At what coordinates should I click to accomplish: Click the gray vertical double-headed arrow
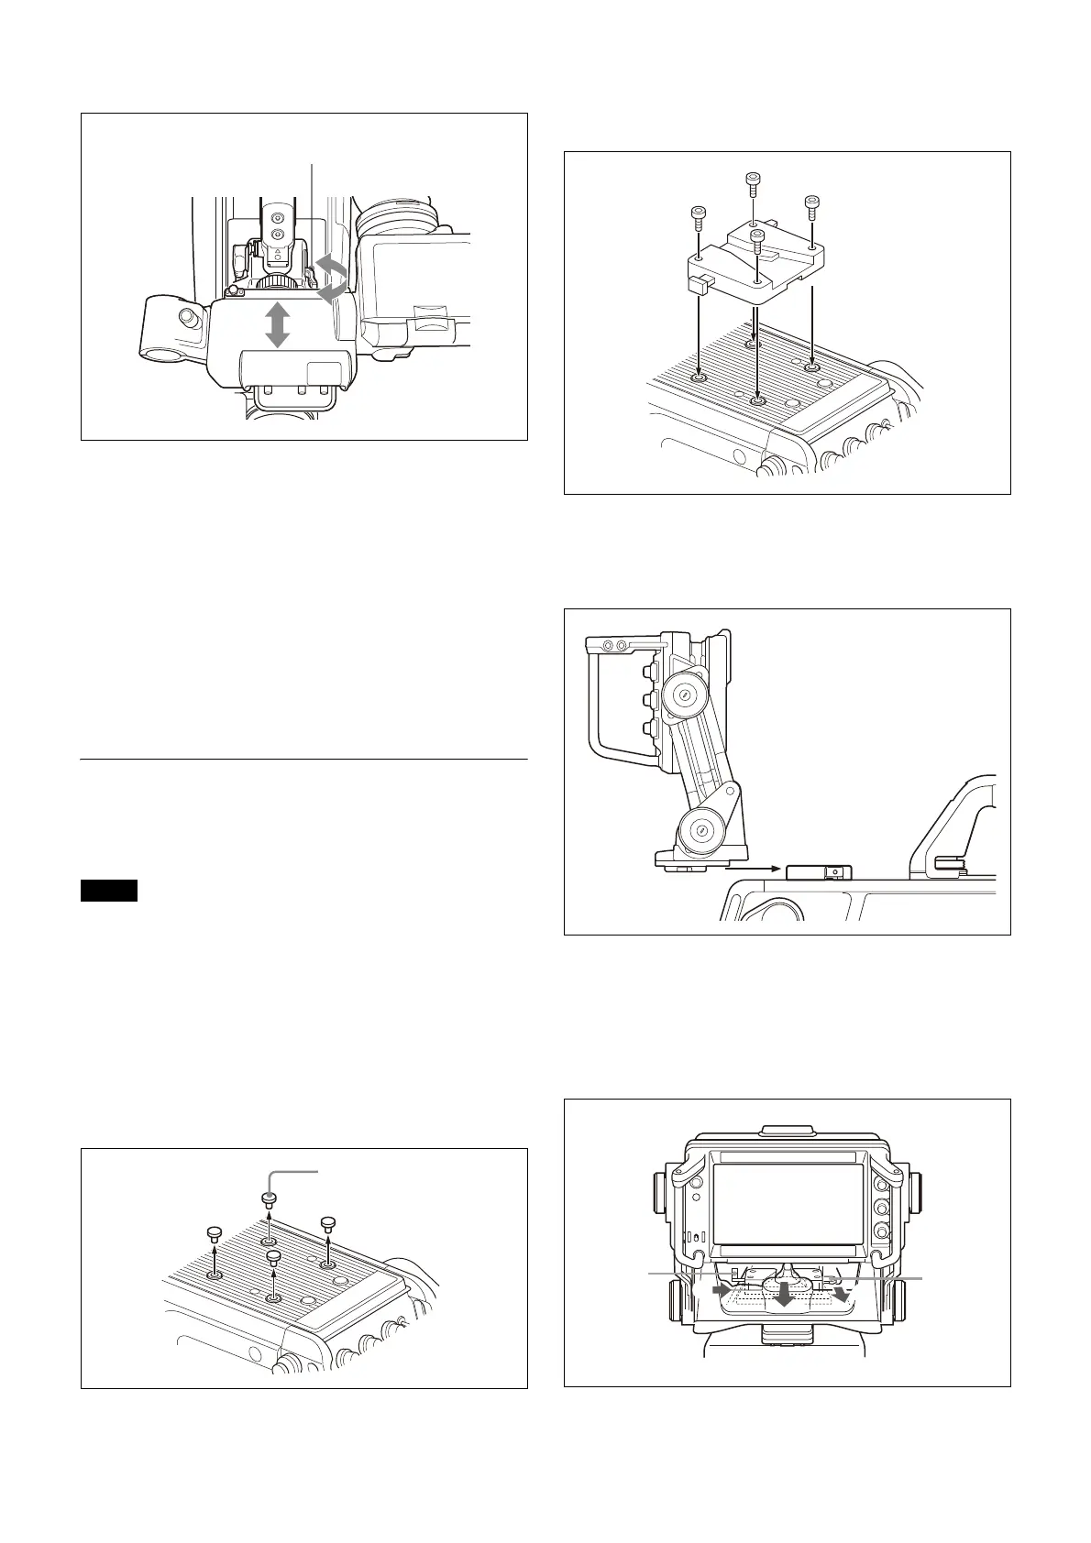[x=277, y=326]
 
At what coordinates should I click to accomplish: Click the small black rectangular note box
[x=109, y=890]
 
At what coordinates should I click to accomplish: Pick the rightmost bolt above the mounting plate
[x=810, y=204]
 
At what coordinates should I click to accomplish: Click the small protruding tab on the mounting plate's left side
[x=697, y=285]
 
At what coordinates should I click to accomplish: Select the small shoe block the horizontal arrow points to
[x=819, y=872]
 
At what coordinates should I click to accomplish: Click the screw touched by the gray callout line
[x=269, y=1198]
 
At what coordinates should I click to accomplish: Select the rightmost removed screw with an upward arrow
[x=326, y=1223]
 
